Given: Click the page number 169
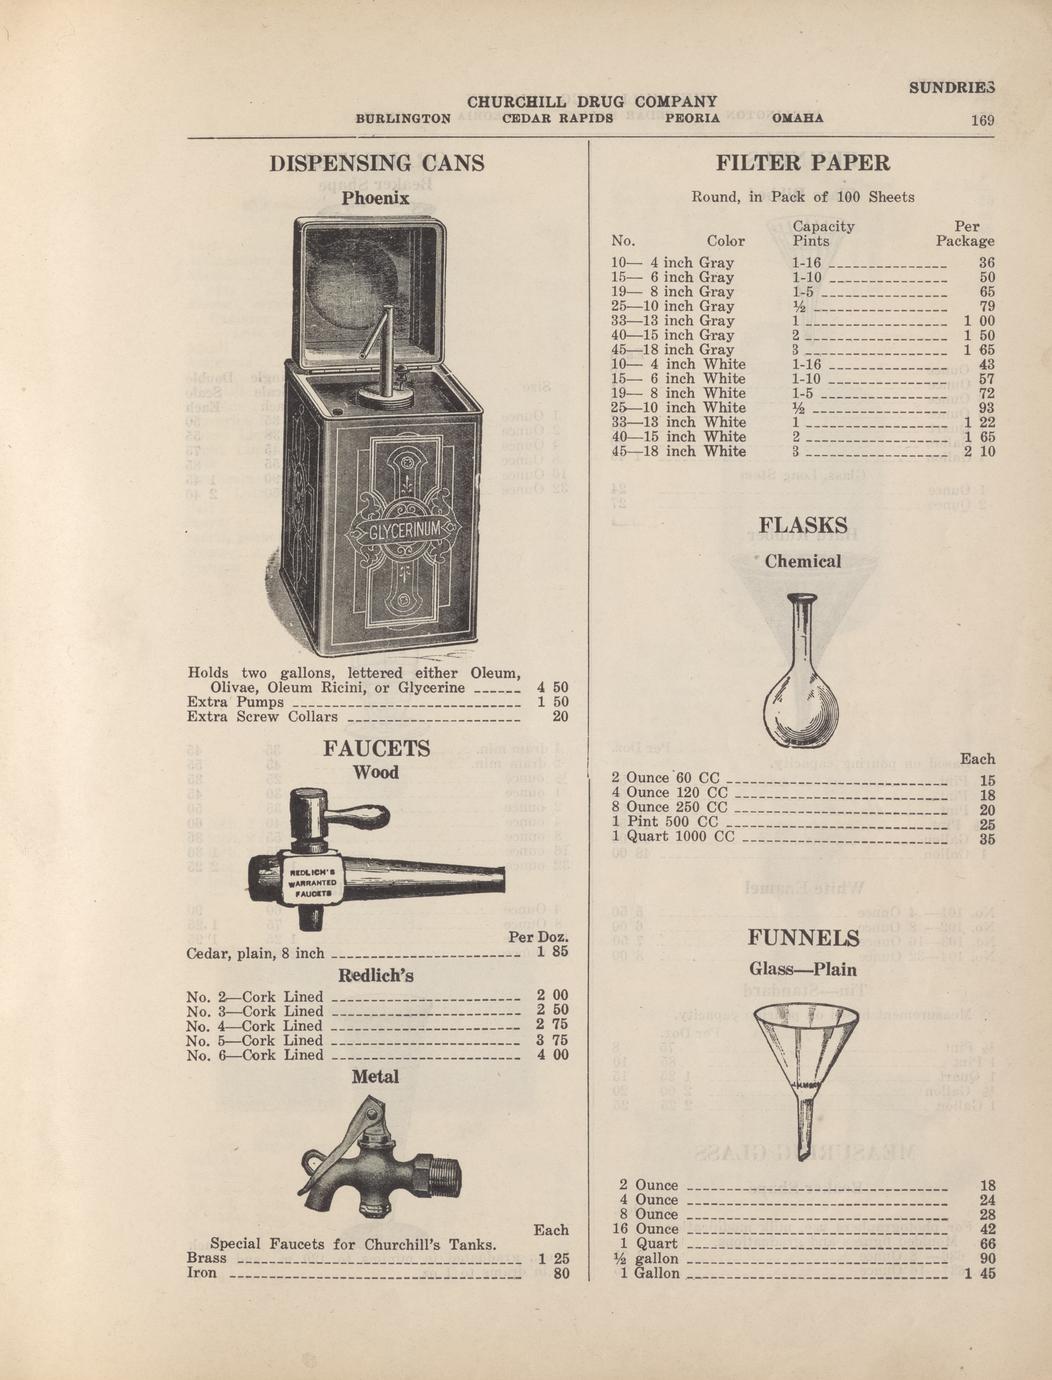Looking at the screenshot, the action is pyautogui.click(x=982, y=120).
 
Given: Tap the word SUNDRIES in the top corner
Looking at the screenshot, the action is pyautogui.click(x=952, y=89).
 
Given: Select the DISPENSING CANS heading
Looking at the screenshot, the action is pyautogui.click(x=377, y=163).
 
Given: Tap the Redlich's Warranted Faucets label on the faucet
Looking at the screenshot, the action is pyautogui.click(x=307, y=883).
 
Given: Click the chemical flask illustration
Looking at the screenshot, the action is pyautogui.click(x=801, y=670).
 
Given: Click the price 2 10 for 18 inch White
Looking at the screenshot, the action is pyautogui.click(x=980, y=451).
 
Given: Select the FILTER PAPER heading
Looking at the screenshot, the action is pyautogui.click(x=803, y=163).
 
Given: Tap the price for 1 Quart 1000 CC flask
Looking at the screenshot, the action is pyautogui.click(x=987, y=839).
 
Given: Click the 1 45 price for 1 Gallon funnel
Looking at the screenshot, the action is pyautogui.click(x=980, y=1274).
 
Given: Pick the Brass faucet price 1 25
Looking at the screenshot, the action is pyautogui.click(x=554, y=1258).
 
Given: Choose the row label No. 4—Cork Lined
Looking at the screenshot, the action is pyautogui.click(x=255, y=1026).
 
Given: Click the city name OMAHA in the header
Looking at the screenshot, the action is pyautogui.click(x=797, y=118).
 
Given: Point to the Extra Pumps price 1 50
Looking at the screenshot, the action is pyautogui.click(x=553, y=702).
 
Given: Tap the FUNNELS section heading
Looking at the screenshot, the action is pyautogui.click(x=803, y=938).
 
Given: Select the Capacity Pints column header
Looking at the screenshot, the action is pyautogui.click(x=823, y=233).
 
